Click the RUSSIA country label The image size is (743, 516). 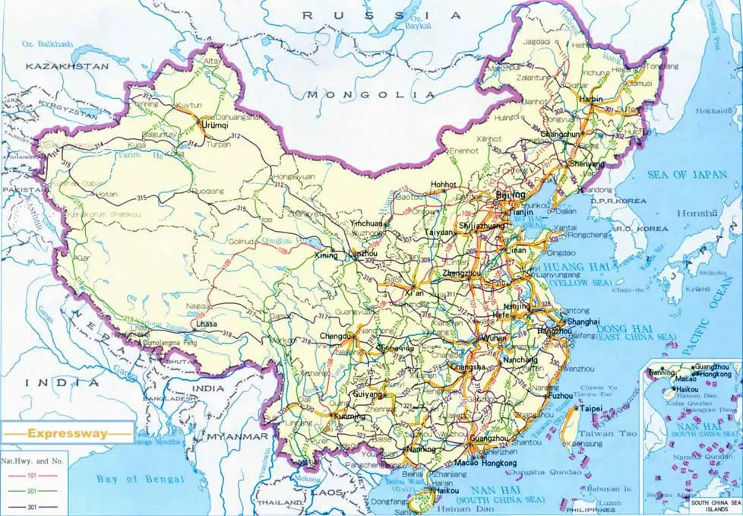tap(381, 15)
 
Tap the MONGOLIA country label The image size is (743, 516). tap(371, 95)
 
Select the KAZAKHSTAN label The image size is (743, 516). tap(67, 67)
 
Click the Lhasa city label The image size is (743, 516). tap(206, 324)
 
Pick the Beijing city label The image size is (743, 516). tap(510, 195)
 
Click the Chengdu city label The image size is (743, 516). tap(337, 336)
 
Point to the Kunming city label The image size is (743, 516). tap(349, 417)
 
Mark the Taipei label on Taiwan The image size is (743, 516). tap(590, 408)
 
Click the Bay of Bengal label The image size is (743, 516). tap(140, 479)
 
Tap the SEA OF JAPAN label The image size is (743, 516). tap(687, 175)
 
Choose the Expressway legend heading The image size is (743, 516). tap(66, 433)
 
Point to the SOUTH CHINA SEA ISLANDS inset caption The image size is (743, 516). tap(713, 506)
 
